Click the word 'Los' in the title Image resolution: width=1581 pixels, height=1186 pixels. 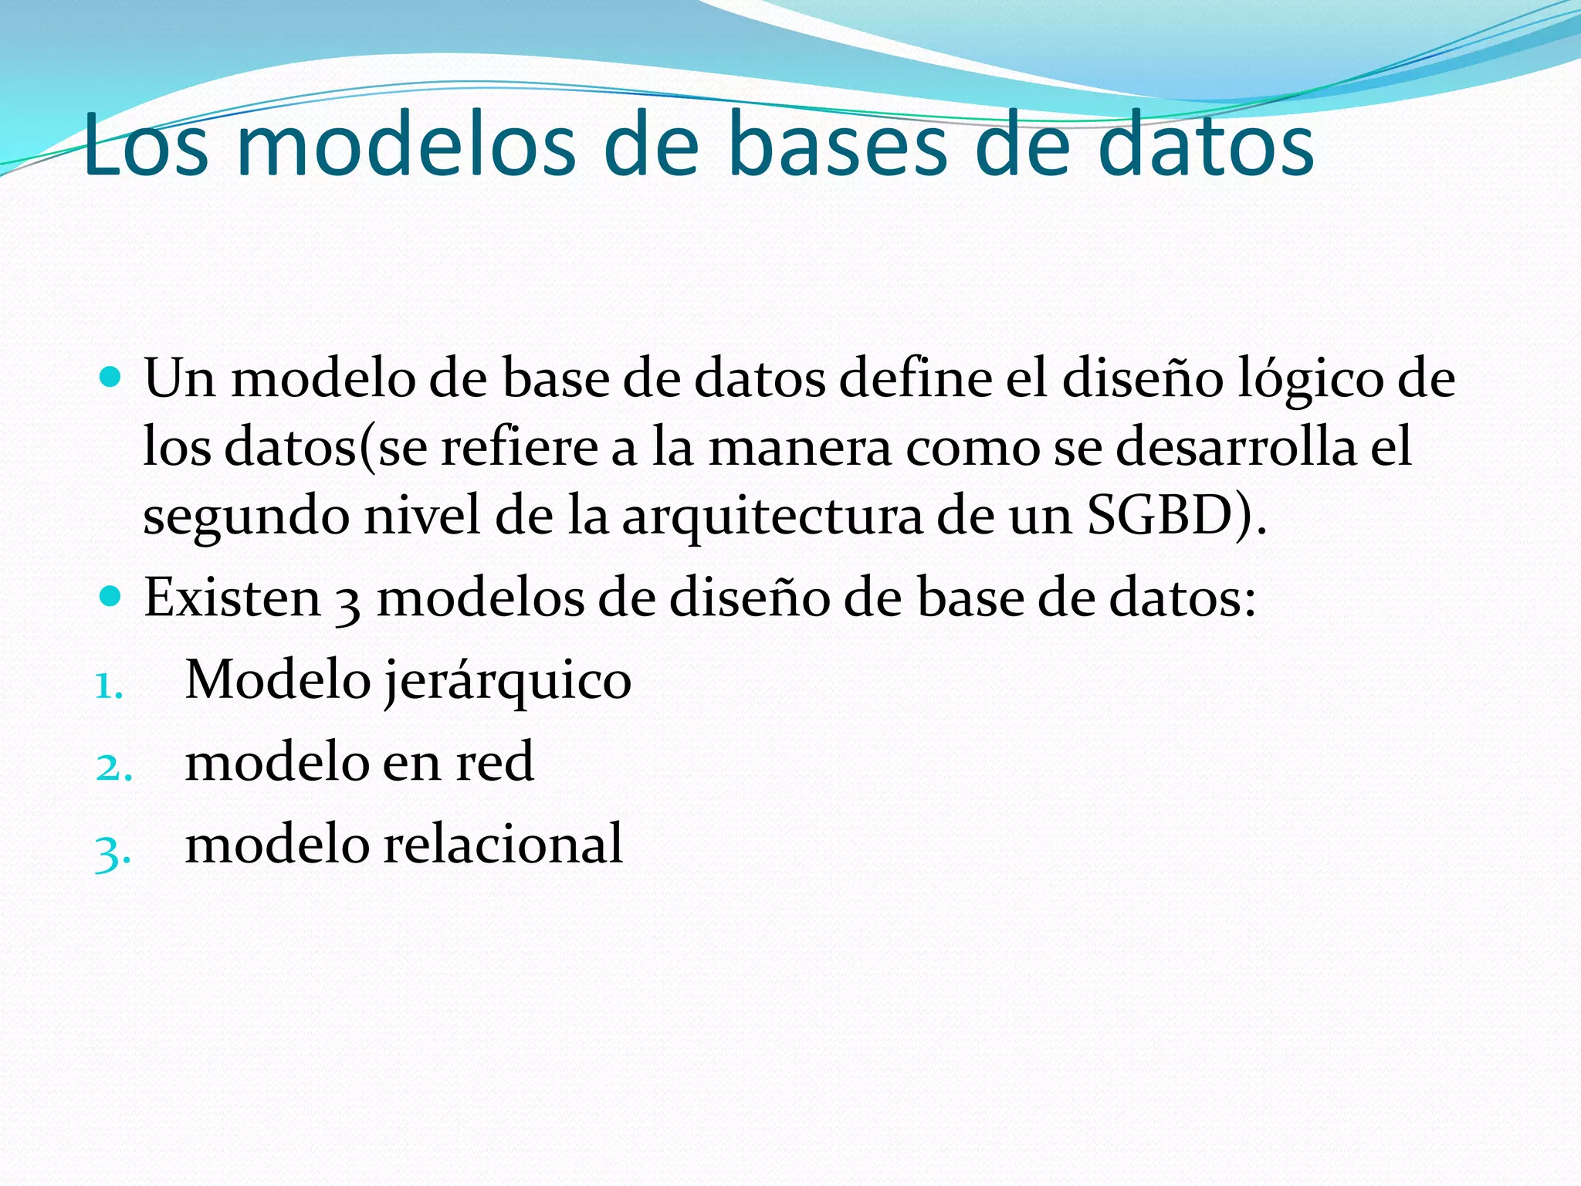(146, 145)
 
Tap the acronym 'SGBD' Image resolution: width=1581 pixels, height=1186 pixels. (1159, 515)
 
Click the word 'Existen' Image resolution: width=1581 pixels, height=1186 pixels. (232, 598)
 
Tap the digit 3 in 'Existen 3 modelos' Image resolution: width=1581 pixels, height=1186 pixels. (348, 602)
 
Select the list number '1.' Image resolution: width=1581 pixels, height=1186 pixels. (109, 686)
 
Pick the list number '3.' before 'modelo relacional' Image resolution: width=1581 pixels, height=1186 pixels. (113, 851)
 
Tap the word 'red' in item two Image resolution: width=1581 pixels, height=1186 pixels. (495, 761)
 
